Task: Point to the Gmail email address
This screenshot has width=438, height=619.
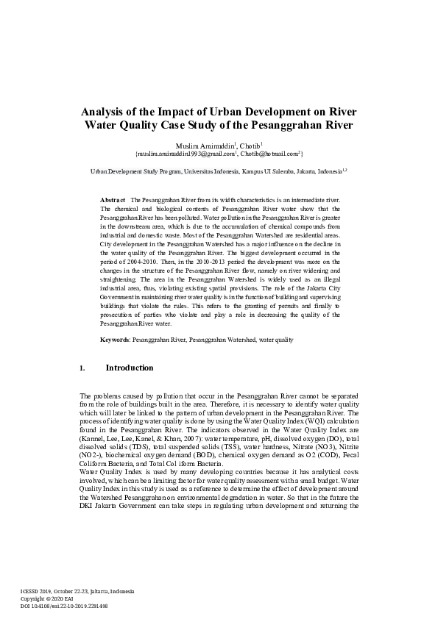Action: [x=184, y=154]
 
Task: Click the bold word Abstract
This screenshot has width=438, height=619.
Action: [x=113, y=200]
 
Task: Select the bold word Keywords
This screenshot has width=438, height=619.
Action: [x=115, y=340]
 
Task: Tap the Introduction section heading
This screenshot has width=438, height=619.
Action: [x=130, y=368]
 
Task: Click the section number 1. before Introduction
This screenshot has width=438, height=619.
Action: [x=82, y=368]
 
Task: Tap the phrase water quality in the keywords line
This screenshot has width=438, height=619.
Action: [x=275, y=340]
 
